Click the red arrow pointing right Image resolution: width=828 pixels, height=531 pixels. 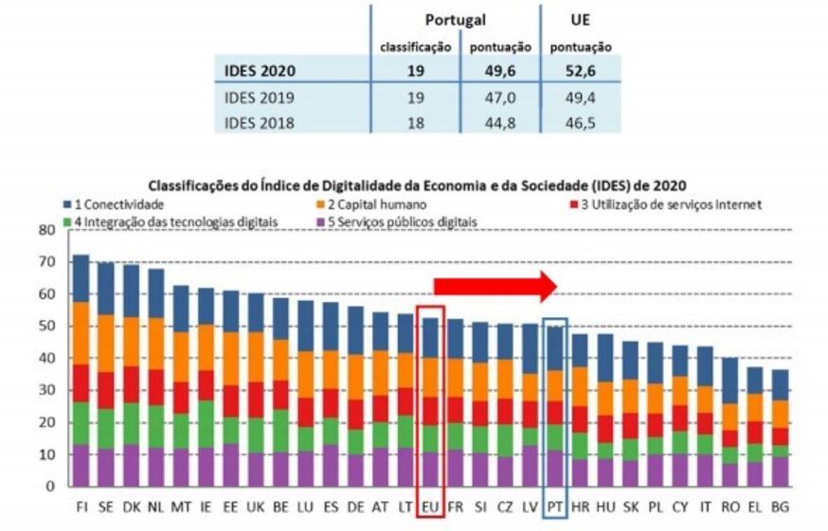point(494,285)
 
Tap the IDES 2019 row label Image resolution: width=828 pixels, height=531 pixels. point(260,97)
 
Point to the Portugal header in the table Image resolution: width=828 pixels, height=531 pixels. point(455,20)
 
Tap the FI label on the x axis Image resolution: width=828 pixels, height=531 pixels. point(81,506)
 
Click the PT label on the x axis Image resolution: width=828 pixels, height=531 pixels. point(555,506)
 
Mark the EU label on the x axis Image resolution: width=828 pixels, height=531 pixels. point(430,506)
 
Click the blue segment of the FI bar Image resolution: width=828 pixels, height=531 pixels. point(81,278)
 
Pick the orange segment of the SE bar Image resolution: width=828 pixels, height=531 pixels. point(105,343)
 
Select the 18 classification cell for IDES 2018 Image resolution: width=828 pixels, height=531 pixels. point(415,122)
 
